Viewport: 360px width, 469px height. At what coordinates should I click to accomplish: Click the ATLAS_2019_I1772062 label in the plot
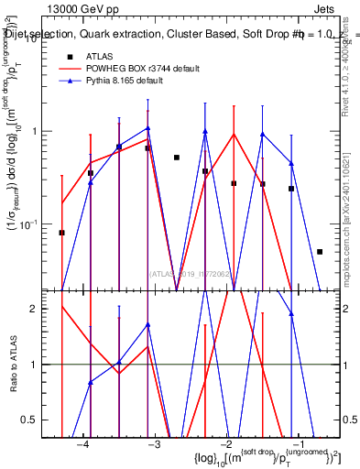(x=187, y=273)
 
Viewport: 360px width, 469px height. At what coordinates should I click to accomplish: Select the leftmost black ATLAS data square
(x=62, y=233)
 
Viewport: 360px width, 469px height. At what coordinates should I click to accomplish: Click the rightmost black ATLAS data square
(x=320, y=251)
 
